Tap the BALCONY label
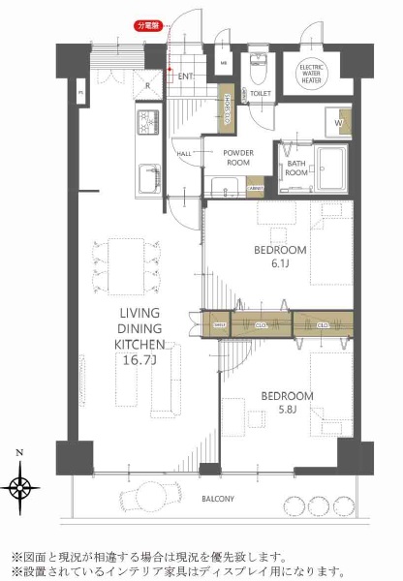pyautogui.click(x=218, y=499)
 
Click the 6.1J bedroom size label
pyautogui.click(x=281, y=263)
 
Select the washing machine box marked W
pyautogui.click(x=340, y=122)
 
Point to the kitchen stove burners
pyautogui.click(x=144, y=123)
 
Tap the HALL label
pyautogui.click(x=183, y=154)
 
